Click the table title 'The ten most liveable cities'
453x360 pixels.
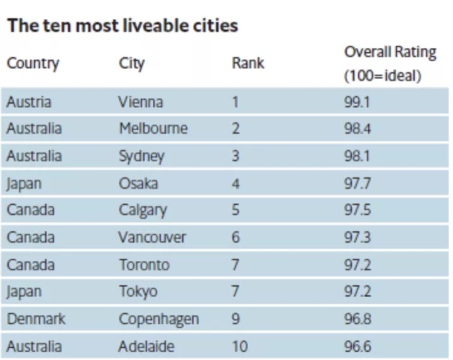pyautogui.click(x=123, y=26)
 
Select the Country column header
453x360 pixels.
pyautogui.click(x=33, y=63)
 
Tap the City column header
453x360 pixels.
pyautogui.click(x=131, y=63)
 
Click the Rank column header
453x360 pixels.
pyautogui.click(x=248, y=63)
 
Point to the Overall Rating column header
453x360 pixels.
pyautogui.click(x=390, y=63)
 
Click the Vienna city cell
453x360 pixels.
pyautogui.click(x=141, y=102)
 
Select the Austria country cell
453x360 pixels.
pyautogui.click(x=29, y=102)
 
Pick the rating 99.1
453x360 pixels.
pyautogui.click(x=356, y=102)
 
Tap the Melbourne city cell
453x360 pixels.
pyautogui.click(x=153, y=129)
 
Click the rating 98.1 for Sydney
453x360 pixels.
pyautogui.click(x=356, y=156)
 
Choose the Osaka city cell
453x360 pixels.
pyautogui.click(x=138, y=183)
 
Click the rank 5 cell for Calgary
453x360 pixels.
pyautogui.click(x=235, y=210)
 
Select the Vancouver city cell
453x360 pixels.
pyautogui.click(x=152, y=237)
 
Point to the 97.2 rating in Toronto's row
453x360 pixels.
pyautogui.click(x=356, y=265)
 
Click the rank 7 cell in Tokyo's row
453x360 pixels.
pyautogui.click(x=235, y=292)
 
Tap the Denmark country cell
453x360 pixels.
pyautogui.click(x=36, y=319)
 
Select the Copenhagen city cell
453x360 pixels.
pyautogui.click(x=158, y=319)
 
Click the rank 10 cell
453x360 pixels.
pyautogui.click(x=239, y=346)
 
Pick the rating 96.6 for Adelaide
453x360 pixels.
pyautogui.click(x=356, y=346)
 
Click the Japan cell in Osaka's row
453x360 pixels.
pyautogui.click(x=24, y=183)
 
